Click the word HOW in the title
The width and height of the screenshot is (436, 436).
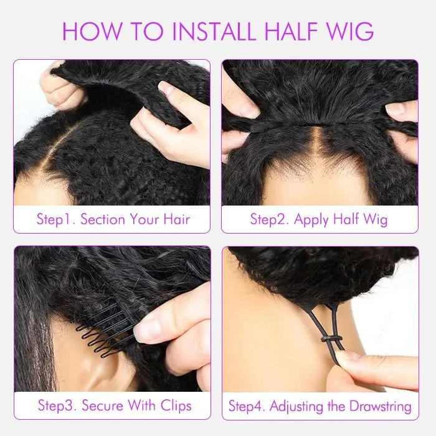(95, 31)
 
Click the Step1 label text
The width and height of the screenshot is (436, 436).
(55, 219)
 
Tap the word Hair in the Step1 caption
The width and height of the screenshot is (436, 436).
(174, 219)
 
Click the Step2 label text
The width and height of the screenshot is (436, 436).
(269, 219)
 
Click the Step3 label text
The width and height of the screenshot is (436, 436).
(58, 405)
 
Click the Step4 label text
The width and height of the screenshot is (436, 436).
(247, 406)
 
